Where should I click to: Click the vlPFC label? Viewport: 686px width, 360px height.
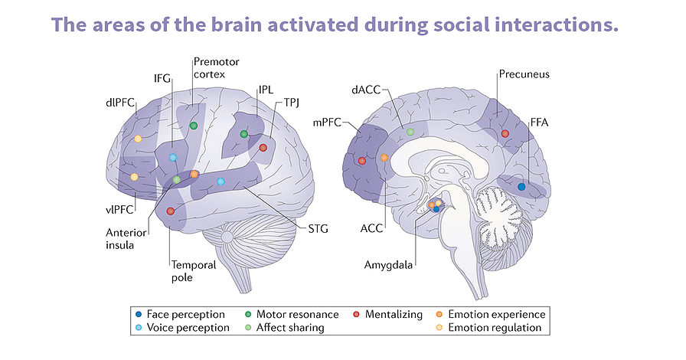pyautogui.click(x=122, y=208)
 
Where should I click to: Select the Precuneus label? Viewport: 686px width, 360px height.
pyautogui.click(x=524, y=74)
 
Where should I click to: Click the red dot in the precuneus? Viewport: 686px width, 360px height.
pyautogui.click(x=505, y=134)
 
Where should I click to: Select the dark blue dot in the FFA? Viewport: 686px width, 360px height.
pyautogui.click(x=521, y=186)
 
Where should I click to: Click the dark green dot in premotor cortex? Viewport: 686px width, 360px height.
pyautogui.click(x=194, y=125)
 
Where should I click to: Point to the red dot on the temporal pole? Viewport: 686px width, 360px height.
pyautogui.click(x=171, y=211)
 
